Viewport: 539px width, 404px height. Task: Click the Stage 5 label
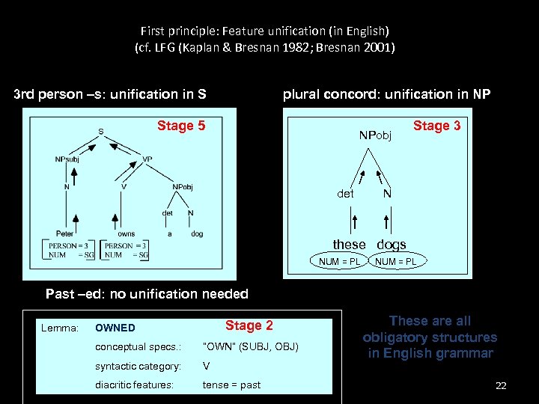pos(181,126)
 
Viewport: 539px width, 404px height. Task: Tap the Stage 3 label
pos(437,126)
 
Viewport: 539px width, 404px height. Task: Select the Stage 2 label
pos(249,325)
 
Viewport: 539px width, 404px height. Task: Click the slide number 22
pos(501,385)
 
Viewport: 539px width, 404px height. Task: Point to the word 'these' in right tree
pos(350,245)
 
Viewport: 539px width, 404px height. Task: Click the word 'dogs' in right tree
pos(392,245)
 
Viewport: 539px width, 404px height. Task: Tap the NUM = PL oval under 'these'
pos(340,261)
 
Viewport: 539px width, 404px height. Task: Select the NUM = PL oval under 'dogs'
pos(396,261)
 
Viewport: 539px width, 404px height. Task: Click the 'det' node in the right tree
pos(345,193)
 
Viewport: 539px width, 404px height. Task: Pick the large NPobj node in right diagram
pos(375,135)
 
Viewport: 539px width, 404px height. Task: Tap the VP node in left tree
pos(147,159)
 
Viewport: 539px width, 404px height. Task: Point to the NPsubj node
pos(67,159)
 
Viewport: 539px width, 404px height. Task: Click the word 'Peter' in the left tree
pos(65,234)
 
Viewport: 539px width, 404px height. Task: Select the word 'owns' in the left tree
pos(127,234)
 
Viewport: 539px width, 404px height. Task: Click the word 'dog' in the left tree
pos(197,234)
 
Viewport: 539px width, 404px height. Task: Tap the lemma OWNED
pos(115,328)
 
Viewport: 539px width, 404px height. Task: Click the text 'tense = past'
pos(232,385)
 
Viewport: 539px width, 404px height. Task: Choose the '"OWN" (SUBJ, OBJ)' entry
pos(251,346)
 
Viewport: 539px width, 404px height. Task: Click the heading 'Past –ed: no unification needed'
pos(147,294)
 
